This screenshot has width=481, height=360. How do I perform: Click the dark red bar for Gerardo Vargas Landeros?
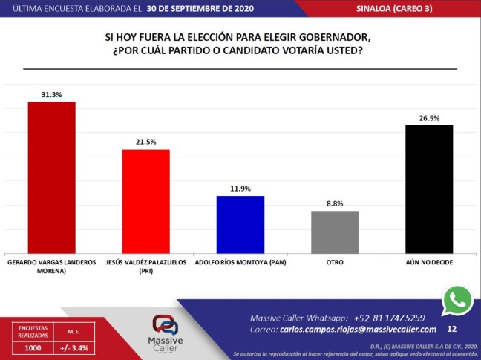click(x=51, y=177)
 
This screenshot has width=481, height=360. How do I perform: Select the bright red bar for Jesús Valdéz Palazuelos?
click(x=145, y=201)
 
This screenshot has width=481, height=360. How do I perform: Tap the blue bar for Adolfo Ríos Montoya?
click(x=240, y=224)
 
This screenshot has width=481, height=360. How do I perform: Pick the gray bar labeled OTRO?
click(x=334, y=232)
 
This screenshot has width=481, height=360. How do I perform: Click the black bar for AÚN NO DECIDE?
click(x=429, y=189)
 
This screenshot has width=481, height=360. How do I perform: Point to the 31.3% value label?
click(x=51, y=94)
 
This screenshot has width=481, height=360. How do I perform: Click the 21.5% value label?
click(x=145, y=142)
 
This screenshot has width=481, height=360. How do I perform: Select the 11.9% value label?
click(x=240, y=189)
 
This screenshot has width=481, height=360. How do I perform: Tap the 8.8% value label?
click(x=334, y=203)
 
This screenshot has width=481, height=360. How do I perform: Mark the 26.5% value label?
click(x=429, y=117)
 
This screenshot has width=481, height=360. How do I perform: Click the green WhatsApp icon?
click(x=457, y=301)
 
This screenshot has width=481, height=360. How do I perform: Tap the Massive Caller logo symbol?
click(x=166, y=324)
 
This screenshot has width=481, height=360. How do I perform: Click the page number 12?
click(x=452, y=328)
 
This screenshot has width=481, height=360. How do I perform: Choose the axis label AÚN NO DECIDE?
click(x=429, y=262)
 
